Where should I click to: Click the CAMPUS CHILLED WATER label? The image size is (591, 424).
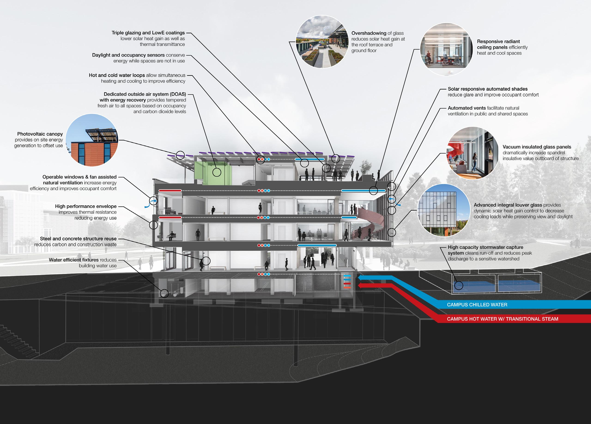(x=477, y=304)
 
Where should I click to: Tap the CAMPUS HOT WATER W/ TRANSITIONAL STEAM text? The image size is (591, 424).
(x=502, y=319)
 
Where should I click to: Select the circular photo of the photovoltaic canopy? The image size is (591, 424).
(x=92, y=140)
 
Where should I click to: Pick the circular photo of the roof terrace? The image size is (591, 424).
(x=322, y=42)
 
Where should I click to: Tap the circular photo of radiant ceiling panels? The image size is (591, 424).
(x=446, y=49)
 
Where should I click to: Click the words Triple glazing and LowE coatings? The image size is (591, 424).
(x=148, y=33)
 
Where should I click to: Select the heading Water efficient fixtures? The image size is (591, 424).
(x=73, y=260)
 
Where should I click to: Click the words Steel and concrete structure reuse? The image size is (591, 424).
(x=78, y=239)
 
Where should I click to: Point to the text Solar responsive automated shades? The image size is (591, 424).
(x=488, y=89)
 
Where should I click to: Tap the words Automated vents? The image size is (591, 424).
(x=467, y=108)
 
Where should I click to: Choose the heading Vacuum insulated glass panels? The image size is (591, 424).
(x=537, y=147)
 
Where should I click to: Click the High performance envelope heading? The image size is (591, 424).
(x=86, y=206)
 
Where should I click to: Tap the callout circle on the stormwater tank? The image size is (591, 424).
(x=459, y=285)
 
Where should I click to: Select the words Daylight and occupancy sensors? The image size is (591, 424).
(x=128, y=55)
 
